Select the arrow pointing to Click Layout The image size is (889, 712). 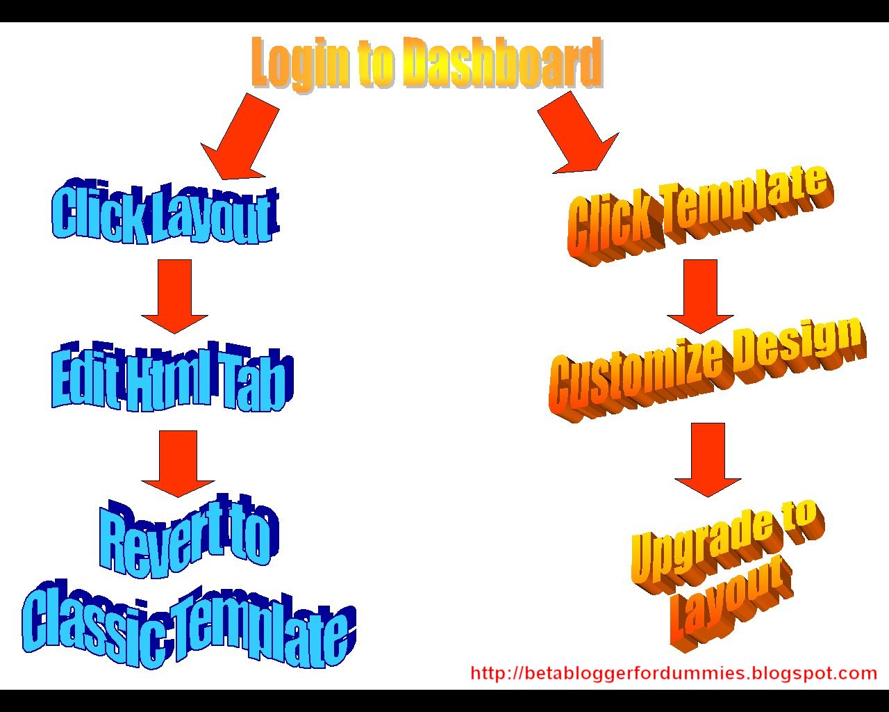(240, 136)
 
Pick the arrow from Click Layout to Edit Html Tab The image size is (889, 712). (174, 296)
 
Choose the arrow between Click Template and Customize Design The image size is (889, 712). (700, 296)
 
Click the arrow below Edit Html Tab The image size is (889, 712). (178, 464)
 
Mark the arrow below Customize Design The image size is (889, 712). (708, 459)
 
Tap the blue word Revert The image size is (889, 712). (165, 538)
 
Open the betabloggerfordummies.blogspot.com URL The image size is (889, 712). (674, 674)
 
